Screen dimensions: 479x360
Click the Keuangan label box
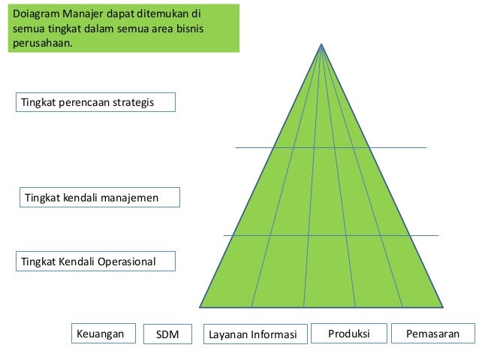[98, 333]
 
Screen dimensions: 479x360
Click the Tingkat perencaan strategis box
[95, 102]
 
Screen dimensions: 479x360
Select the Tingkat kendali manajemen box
[99, 198]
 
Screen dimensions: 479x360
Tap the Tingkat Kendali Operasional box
[95, 262]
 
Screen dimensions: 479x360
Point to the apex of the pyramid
[321, 44]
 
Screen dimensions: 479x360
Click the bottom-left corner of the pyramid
[200, 306]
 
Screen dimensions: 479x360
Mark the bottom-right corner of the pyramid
[442, 306]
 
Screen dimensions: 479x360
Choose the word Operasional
[125, 262]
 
